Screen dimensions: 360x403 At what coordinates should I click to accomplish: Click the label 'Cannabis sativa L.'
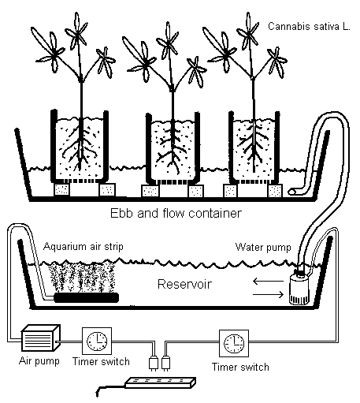309,27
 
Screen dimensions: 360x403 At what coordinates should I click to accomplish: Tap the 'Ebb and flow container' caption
176,213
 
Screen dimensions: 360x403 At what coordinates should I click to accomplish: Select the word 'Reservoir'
184,284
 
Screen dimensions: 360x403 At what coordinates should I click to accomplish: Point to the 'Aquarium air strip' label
84,247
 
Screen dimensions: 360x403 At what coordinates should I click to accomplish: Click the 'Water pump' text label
263,248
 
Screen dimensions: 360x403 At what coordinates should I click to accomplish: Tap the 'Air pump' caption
39,360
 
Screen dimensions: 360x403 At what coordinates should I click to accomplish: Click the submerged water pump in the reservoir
299,288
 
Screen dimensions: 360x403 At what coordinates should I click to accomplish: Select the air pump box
41,338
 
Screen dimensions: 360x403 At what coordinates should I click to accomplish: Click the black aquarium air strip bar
87,297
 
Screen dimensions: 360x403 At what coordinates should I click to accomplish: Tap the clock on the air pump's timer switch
97,341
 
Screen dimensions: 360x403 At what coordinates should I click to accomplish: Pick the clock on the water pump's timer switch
234,344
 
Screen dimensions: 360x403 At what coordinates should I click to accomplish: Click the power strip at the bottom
161,382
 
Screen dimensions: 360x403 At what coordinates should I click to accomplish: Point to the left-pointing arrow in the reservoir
268,282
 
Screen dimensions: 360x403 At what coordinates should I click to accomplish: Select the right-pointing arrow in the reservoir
268,294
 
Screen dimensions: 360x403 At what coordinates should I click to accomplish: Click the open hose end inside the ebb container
292,192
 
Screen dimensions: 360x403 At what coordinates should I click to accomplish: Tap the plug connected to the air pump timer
153,364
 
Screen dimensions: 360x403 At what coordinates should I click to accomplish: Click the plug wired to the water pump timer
165,364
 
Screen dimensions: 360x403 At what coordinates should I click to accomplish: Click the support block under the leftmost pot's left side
62,189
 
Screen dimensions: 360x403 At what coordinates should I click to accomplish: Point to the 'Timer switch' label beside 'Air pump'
101,361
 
